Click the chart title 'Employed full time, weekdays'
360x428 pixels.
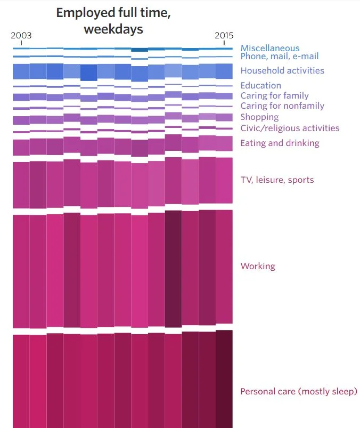click(113, 21)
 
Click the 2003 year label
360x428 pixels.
click(21, 36)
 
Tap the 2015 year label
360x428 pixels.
click(224, 36)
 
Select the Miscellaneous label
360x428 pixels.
click(269, 48)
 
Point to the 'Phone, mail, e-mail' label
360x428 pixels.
click(280, 56)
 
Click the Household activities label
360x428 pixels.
click(282, 70)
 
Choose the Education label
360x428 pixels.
click(260, 85)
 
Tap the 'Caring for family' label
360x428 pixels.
click(274, 95)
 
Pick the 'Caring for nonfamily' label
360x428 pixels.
click(282, 106)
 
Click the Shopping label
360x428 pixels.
click(259, 117)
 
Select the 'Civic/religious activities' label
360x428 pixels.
click(290, 128)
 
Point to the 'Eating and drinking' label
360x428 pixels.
click(280, 143)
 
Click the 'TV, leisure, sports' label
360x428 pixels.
click(277, 180)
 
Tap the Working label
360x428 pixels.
click(258, 266)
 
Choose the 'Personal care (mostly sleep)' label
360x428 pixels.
click(299, 392)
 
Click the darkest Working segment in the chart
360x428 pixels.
click(173, 269)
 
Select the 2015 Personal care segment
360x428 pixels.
click(224, 378)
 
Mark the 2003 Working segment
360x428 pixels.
click(21, 272)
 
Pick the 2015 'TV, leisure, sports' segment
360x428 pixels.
click(224, 180)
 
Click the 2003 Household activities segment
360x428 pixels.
click(21, 71)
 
